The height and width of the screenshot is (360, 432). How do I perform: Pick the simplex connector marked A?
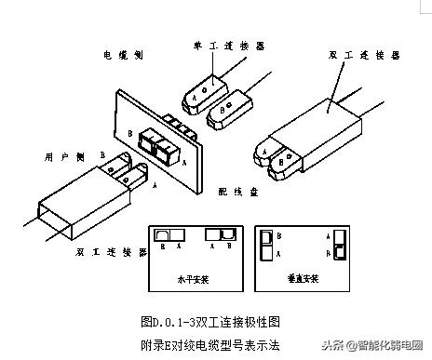[x=205, y=88]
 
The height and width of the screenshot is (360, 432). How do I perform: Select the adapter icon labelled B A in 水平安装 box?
[x=169, y=236]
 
